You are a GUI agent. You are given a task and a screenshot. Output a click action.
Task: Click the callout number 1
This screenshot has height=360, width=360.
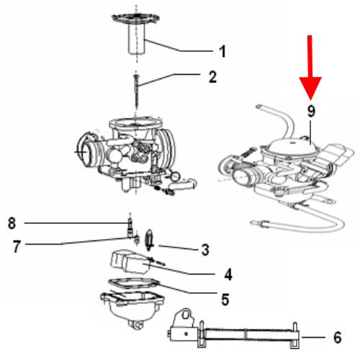tap(222, 51)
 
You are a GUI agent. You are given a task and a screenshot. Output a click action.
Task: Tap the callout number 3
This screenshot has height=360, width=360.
tap(205, 250)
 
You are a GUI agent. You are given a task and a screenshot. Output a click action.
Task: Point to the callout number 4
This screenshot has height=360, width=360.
tap(228, 274)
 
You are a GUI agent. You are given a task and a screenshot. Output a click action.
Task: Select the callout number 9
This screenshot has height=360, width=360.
tap(312, 112)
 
